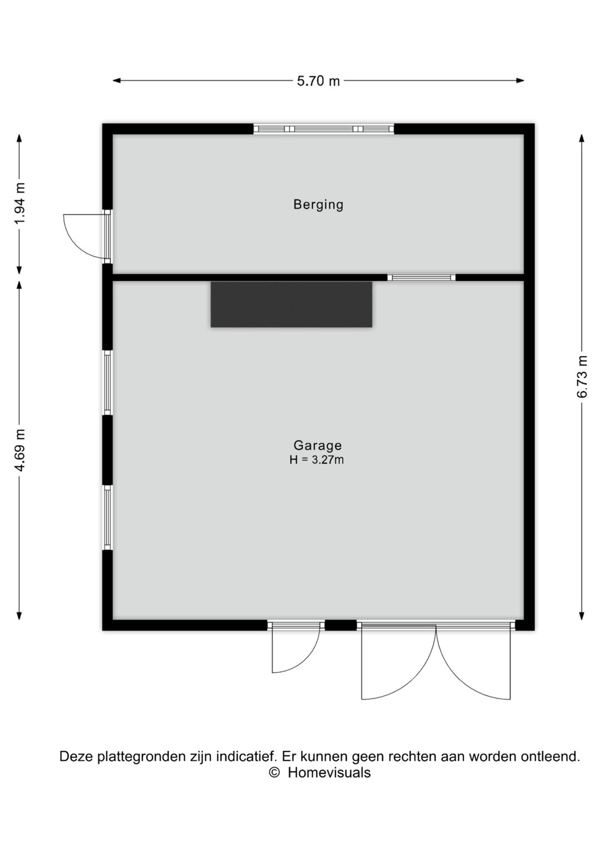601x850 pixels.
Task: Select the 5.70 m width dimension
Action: tap(318, 81)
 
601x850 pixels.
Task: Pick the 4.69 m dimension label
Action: tap(19, 451)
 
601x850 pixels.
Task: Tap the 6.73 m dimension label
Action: tap(582, 377)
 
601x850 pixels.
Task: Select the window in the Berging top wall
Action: tap(323, 129)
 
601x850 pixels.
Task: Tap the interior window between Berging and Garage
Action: tap(421, 277)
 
